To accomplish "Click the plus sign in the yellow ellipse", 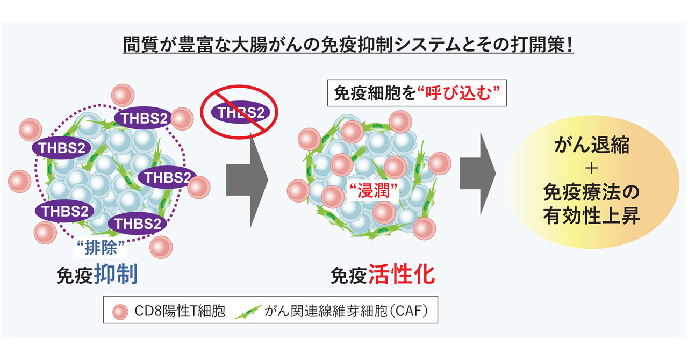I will [591, 168].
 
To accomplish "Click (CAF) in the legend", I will [408, 311].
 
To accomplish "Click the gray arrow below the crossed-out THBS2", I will [247, 177].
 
